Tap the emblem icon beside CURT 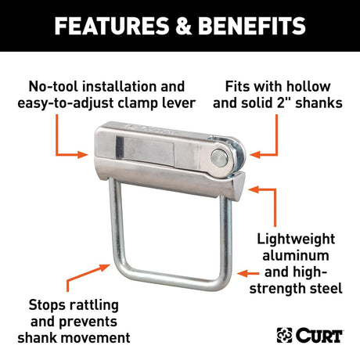click(x=285, y=335)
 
